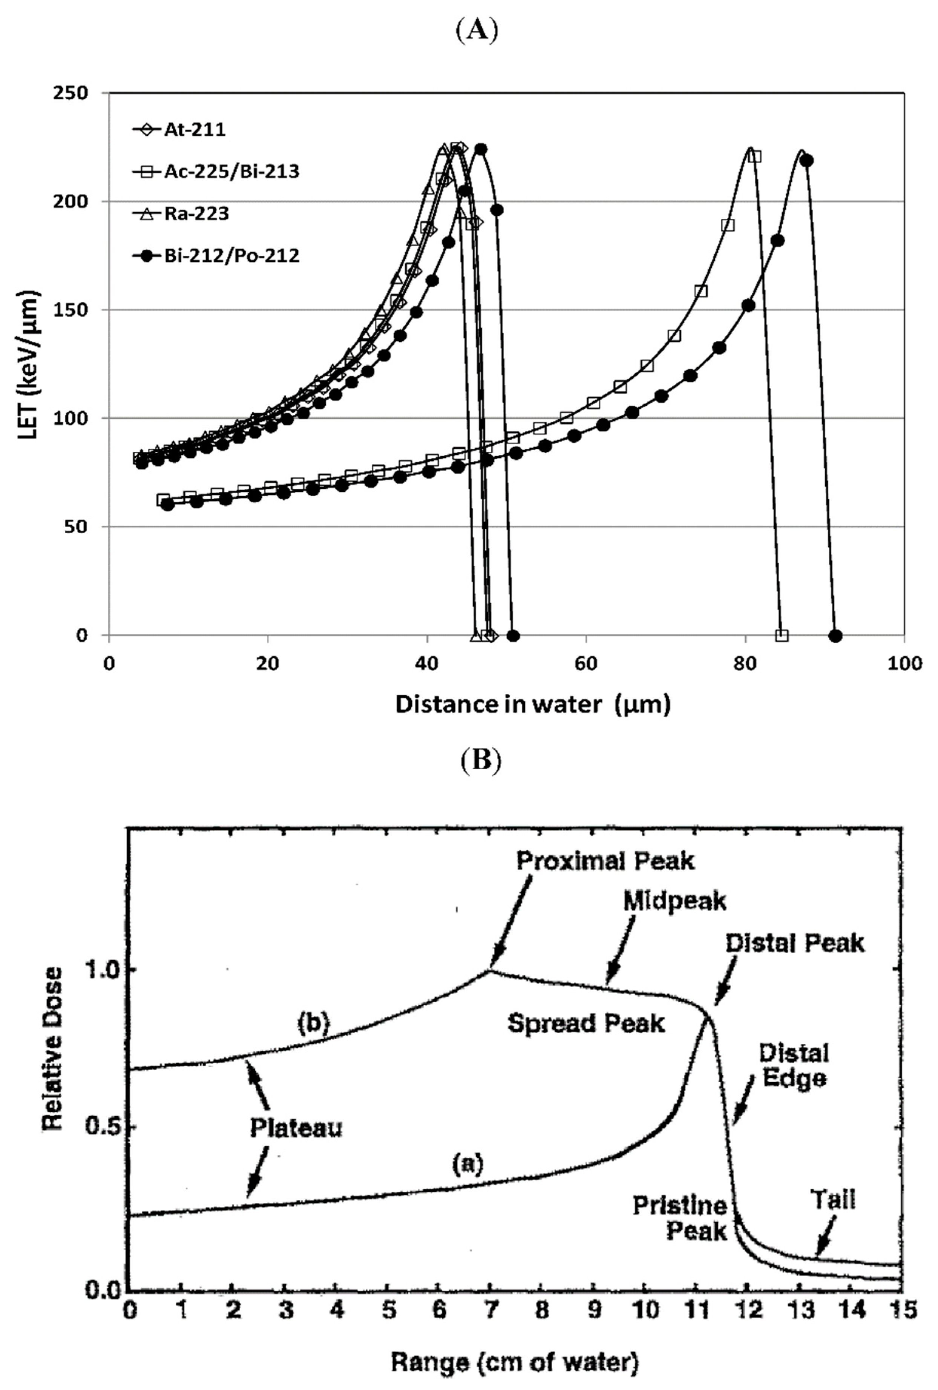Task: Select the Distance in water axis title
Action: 532,704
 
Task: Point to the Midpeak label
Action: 674,901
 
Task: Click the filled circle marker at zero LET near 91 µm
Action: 836,635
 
